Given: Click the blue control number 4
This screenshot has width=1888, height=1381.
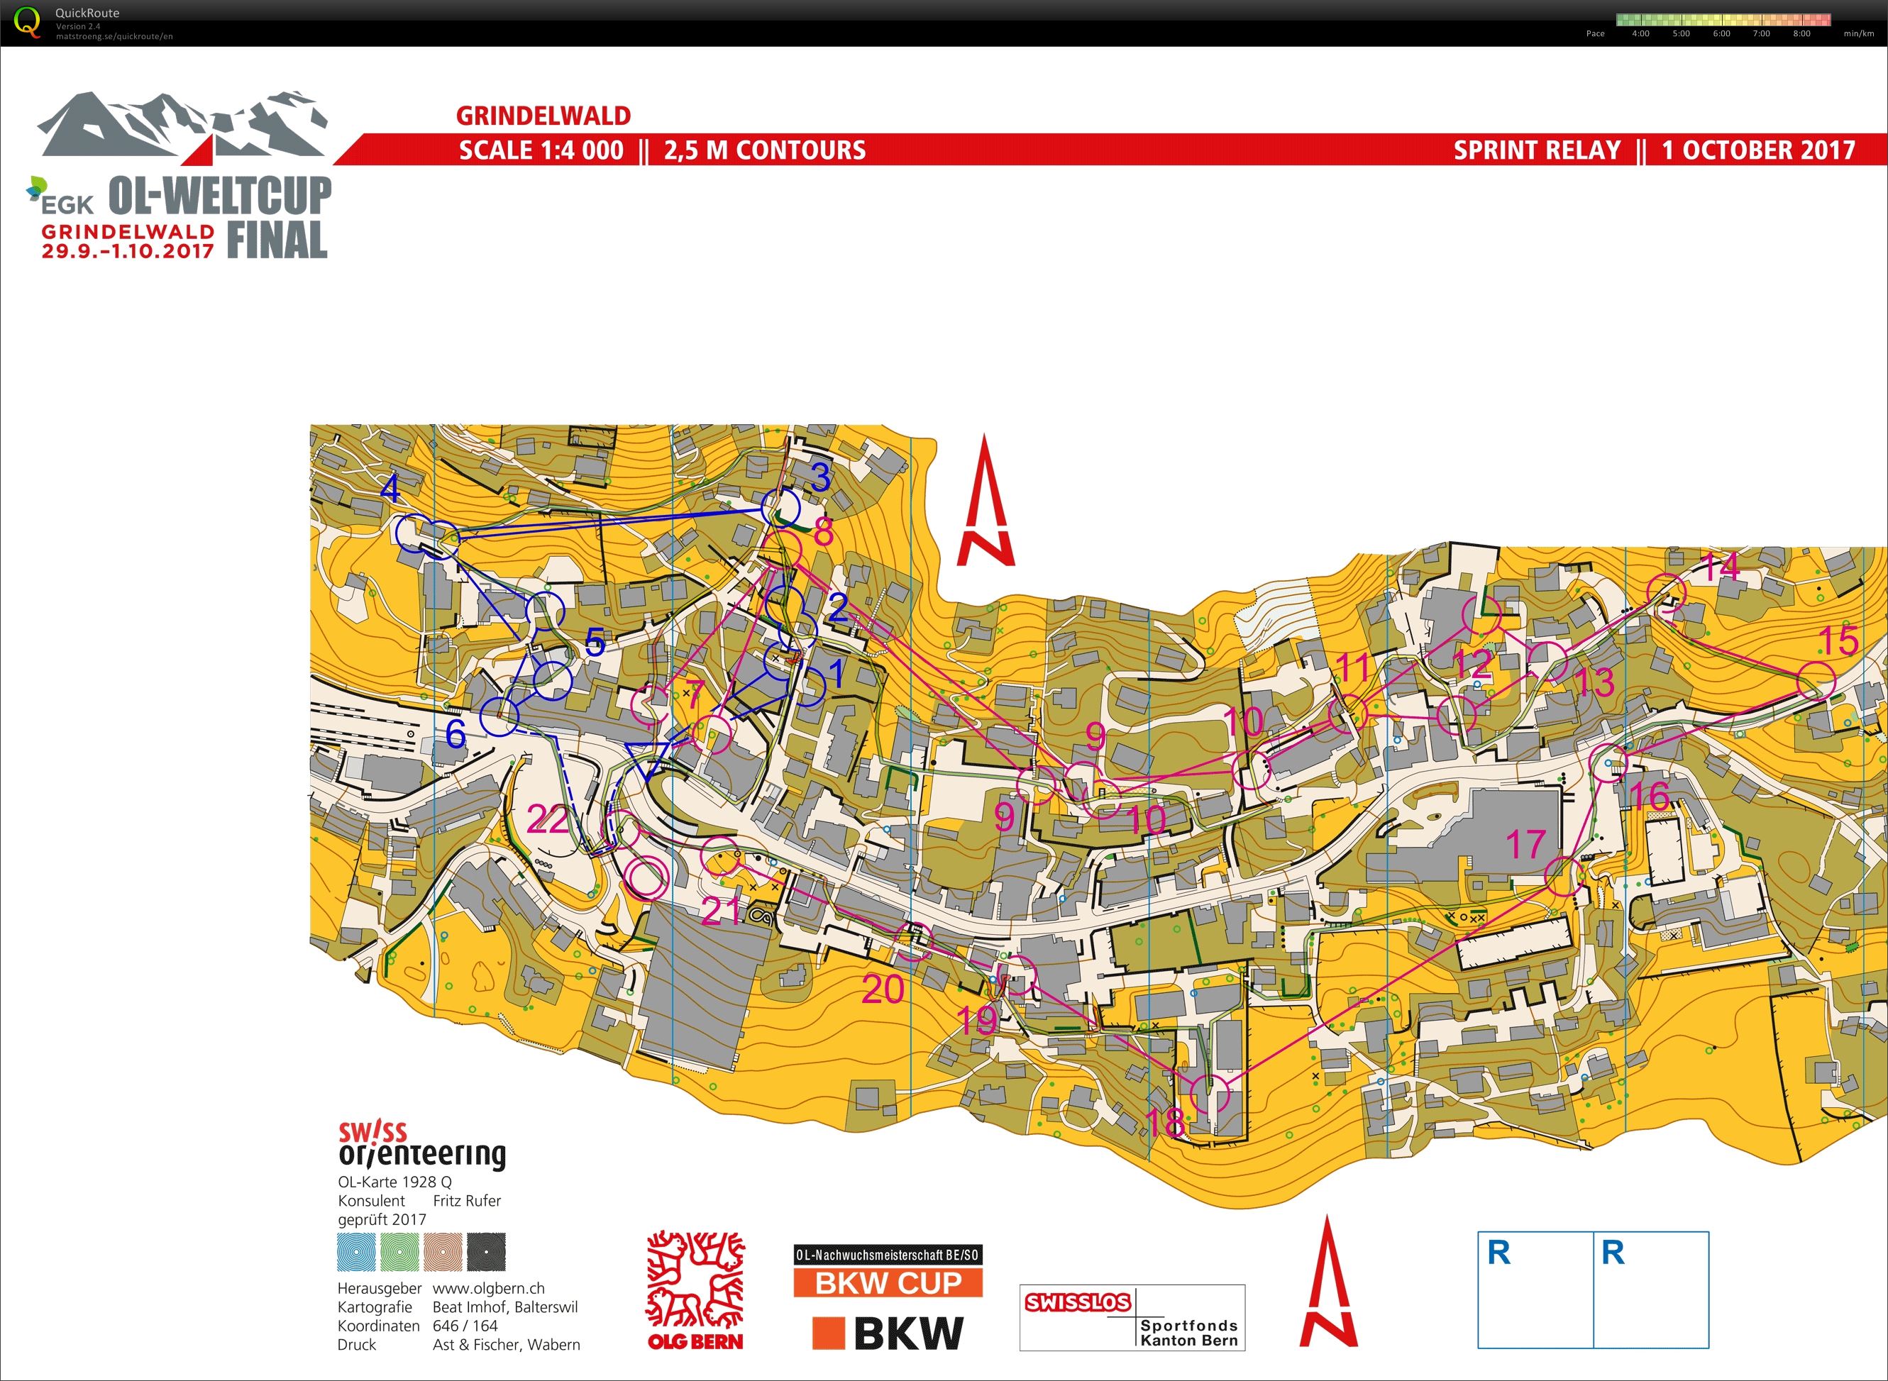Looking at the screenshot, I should [390, 489].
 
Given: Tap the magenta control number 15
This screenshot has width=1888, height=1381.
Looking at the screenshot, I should [1838, 641].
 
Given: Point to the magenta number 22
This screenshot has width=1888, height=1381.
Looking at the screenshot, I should [548, 819].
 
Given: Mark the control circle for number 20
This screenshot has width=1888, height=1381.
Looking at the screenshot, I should [913, 942].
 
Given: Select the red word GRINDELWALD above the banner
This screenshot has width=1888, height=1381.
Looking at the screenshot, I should [543, 116].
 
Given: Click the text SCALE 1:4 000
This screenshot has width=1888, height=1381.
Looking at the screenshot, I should [541, 150].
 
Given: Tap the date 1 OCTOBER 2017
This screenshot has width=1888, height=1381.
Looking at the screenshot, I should [1757, 150].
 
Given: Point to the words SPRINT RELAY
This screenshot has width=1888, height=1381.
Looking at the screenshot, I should [1537, 150].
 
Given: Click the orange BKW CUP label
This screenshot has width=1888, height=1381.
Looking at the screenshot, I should [888, 1282].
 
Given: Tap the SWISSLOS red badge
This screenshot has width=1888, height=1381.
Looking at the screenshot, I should [1078, 1302].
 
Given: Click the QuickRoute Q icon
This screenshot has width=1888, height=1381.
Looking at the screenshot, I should [28, 22].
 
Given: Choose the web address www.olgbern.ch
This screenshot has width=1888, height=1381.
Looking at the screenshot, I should [488, 1288].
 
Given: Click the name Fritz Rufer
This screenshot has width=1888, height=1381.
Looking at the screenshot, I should [467, 1200].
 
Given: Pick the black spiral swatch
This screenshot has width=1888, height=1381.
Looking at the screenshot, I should [486, 1253].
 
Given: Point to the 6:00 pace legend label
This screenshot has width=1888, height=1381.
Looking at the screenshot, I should [1721, 33].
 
